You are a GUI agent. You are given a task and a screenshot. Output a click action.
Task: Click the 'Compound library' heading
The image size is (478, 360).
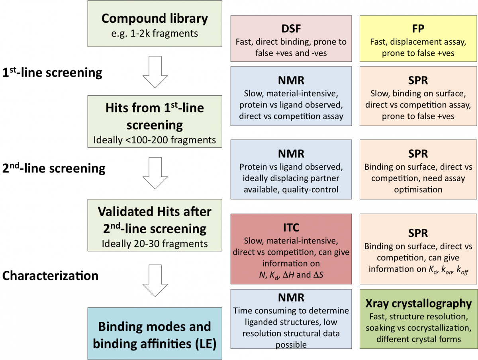155,19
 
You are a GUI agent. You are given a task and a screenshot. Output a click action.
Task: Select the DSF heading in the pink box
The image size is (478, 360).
291,29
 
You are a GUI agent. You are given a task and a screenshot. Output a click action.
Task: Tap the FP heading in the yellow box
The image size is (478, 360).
418,29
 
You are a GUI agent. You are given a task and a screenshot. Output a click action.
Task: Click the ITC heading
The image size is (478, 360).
291,228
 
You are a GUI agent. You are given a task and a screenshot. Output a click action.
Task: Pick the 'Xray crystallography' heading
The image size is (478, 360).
418,303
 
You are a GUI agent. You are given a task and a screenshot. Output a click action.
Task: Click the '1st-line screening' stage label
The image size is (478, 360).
52,72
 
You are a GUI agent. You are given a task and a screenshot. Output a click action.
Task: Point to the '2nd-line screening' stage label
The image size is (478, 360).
54,168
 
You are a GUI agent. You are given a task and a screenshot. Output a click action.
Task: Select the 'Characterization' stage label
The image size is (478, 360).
50,276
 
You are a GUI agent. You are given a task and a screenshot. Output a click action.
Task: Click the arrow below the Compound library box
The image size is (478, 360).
155,72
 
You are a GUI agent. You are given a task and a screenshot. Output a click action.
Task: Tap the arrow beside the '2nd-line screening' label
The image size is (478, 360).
155,173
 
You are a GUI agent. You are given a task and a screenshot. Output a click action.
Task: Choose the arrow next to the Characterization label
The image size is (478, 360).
155,281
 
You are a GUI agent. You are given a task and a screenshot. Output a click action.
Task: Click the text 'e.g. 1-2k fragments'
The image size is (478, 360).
155,33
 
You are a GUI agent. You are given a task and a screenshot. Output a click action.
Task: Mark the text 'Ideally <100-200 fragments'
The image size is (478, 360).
155,140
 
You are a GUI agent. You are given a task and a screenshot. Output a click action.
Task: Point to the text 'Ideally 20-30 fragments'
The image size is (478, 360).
155,244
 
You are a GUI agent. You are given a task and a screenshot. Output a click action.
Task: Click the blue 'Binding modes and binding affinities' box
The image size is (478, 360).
155,333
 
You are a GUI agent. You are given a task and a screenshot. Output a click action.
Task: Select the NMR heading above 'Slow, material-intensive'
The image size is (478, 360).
291,80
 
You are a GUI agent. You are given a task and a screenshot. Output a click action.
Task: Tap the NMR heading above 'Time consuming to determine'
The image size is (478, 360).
291,297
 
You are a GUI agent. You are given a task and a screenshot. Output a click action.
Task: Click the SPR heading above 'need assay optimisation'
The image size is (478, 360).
418,154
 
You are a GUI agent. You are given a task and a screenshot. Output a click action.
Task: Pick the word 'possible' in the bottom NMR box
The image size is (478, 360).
291,345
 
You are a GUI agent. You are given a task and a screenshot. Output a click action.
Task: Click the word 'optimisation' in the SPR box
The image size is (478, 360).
418,190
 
